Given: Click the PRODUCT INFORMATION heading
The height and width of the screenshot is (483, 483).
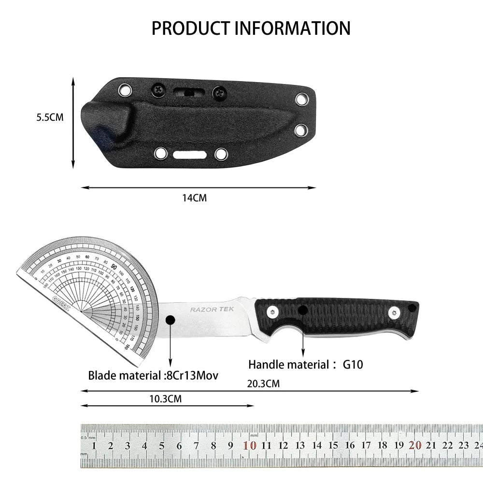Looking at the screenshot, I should tap(251, 28).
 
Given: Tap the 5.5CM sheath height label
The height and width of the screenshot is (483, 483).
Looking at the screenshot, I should tap(50, 117).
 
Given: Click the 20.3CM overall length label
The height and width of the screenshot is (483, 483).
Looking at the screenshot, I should tap(263, 384).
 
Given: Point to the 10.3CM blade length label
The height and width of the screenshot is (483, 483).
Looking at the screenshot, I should tap(166, 398).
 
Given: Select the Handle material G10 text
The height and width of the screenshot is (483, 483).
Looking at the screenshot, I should tap(305, 365).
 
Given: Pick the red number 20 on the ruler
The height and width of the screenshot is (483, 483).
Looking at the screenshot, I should tap(415, 445).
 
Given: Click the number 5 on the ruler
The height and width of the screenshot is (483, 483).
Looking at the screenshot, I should tap(162, 446).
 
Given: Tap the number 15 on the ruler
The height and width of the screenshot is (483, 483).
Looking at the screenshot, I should tap(333, 446).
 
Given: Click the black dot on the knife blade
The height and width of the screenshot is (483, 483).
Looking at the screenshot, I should tap(170, 320).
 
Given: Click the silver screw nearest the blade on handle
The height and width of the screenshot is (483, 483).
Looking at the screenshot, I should tap(272, 313).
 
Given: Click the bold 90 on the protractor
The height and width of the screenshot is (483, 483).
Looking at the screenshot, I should tap(114, 267).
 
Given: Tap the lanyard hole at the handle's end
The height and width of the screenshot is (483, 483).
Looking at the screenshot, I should tap(412, 308).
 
